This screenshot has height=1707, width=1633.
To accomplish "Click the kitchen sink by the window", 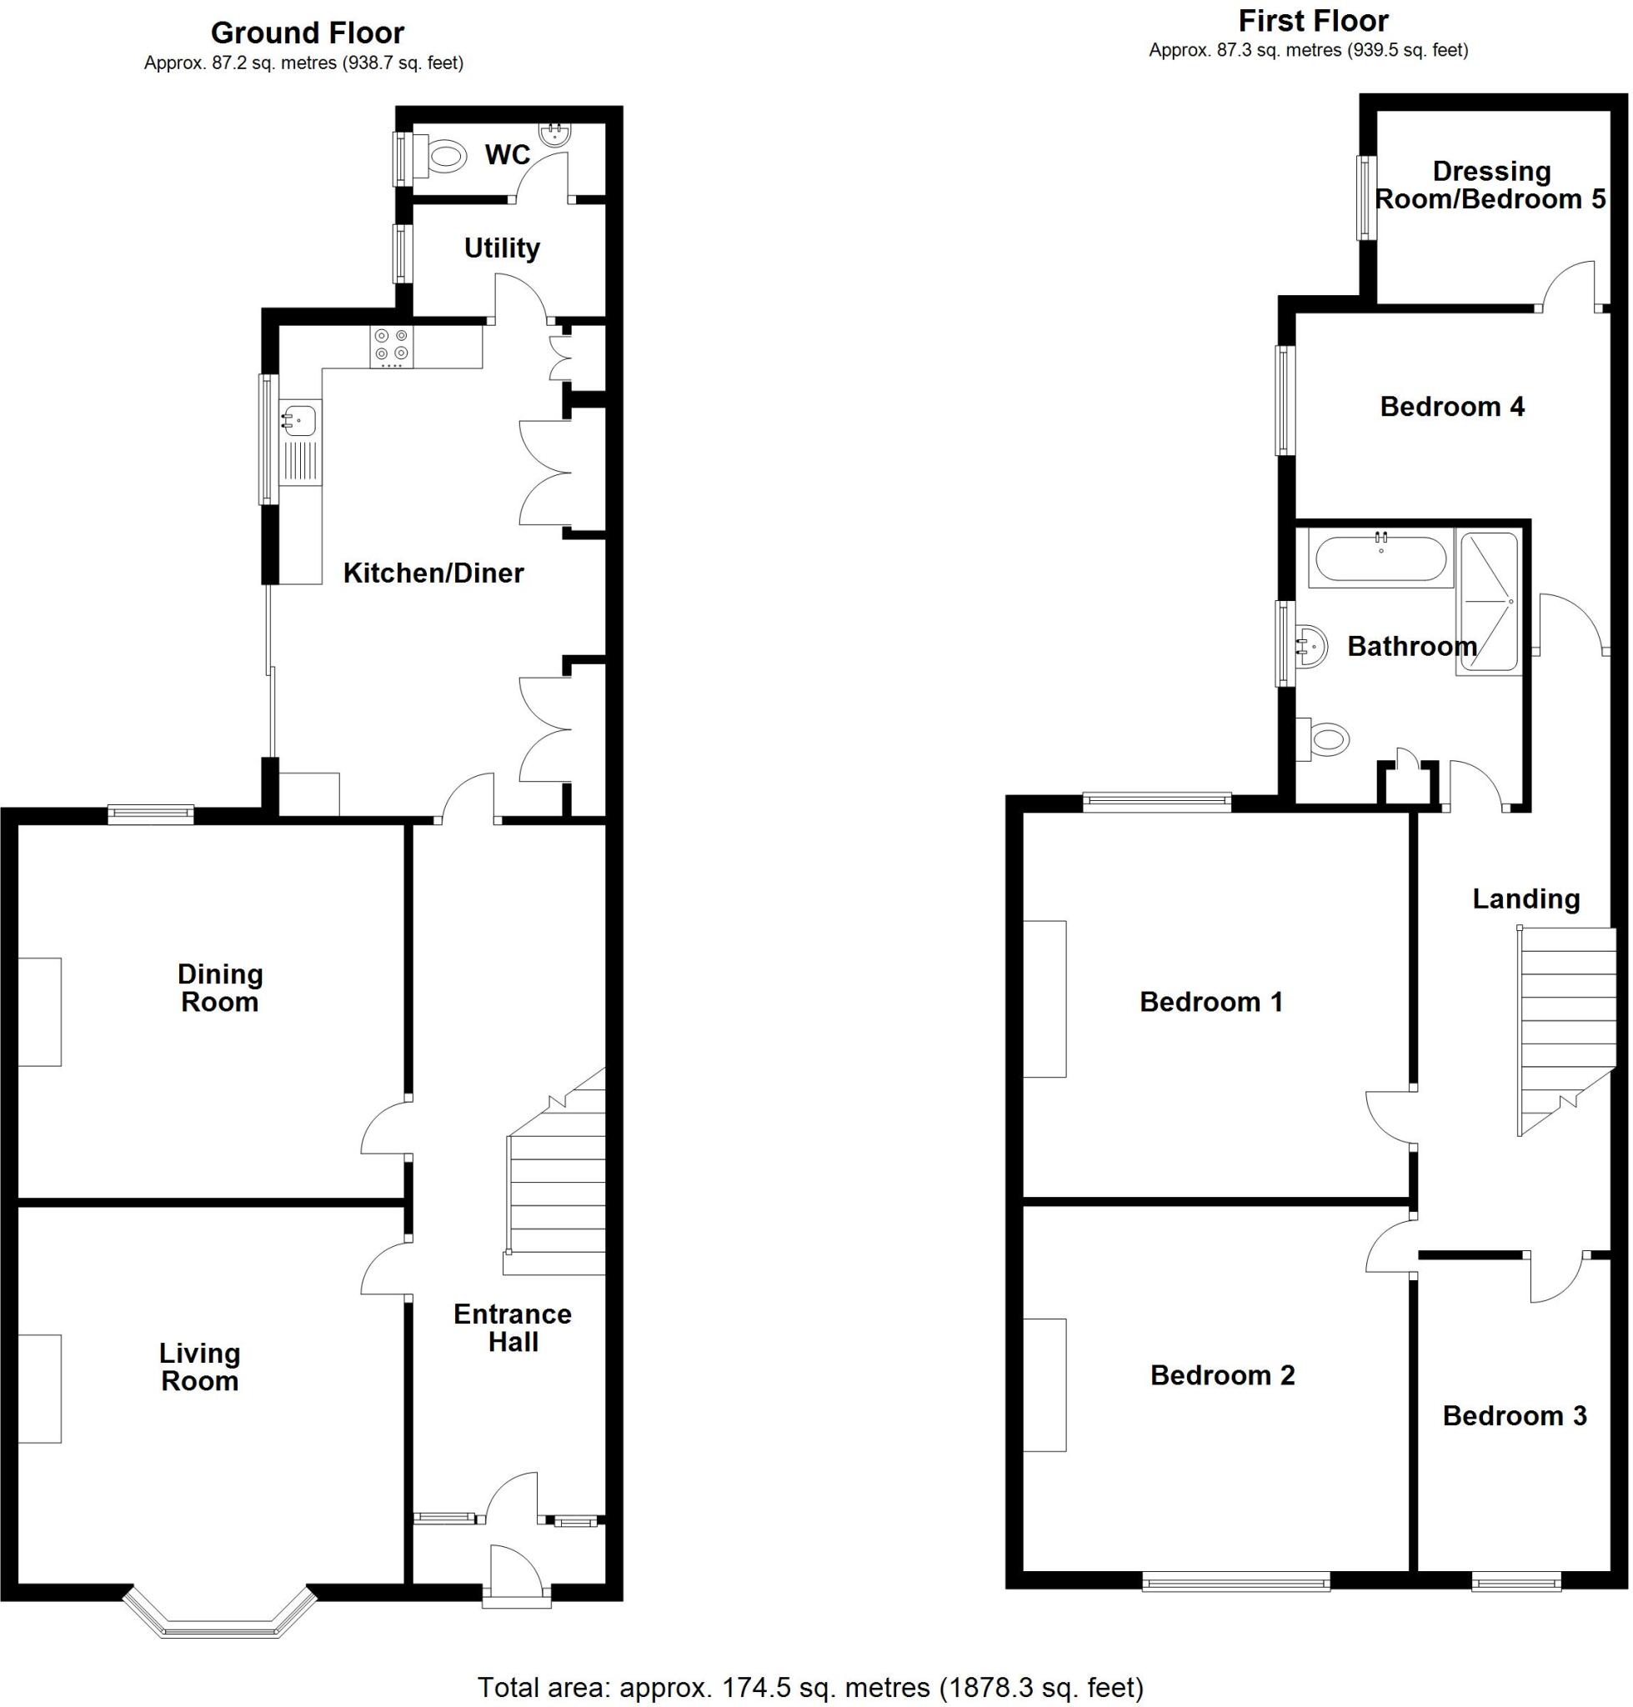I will [298, 421].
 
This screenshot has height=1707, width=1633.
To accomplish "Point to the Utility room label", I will [501, 248].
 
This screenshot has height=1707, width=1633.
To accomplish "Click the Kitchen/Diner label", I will [433, 573].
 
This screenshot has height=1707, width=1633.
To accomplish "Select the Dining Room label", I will [219, 988].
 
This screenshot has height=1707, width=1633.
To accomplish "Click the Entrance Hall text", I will [513, 1329].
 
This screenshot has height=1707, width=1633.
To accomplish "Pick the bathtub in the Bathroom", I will [1380, 558].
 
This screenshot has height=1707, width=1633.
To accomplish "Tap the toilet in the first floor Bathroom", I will [1324, 741].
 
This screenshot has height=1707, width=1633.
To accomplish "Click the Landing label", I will [1526, 899].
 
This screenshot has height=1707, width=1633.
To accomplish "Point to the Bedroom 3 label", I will [1515, 1416].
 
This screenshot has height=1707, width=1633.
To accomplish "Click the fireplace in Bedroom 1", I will [1044, 999].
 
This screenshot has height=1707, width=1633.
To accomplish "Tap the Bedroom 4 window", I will [1285, 401].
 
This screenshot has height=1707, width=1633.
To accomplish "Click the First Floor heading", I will [1314, 20].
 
